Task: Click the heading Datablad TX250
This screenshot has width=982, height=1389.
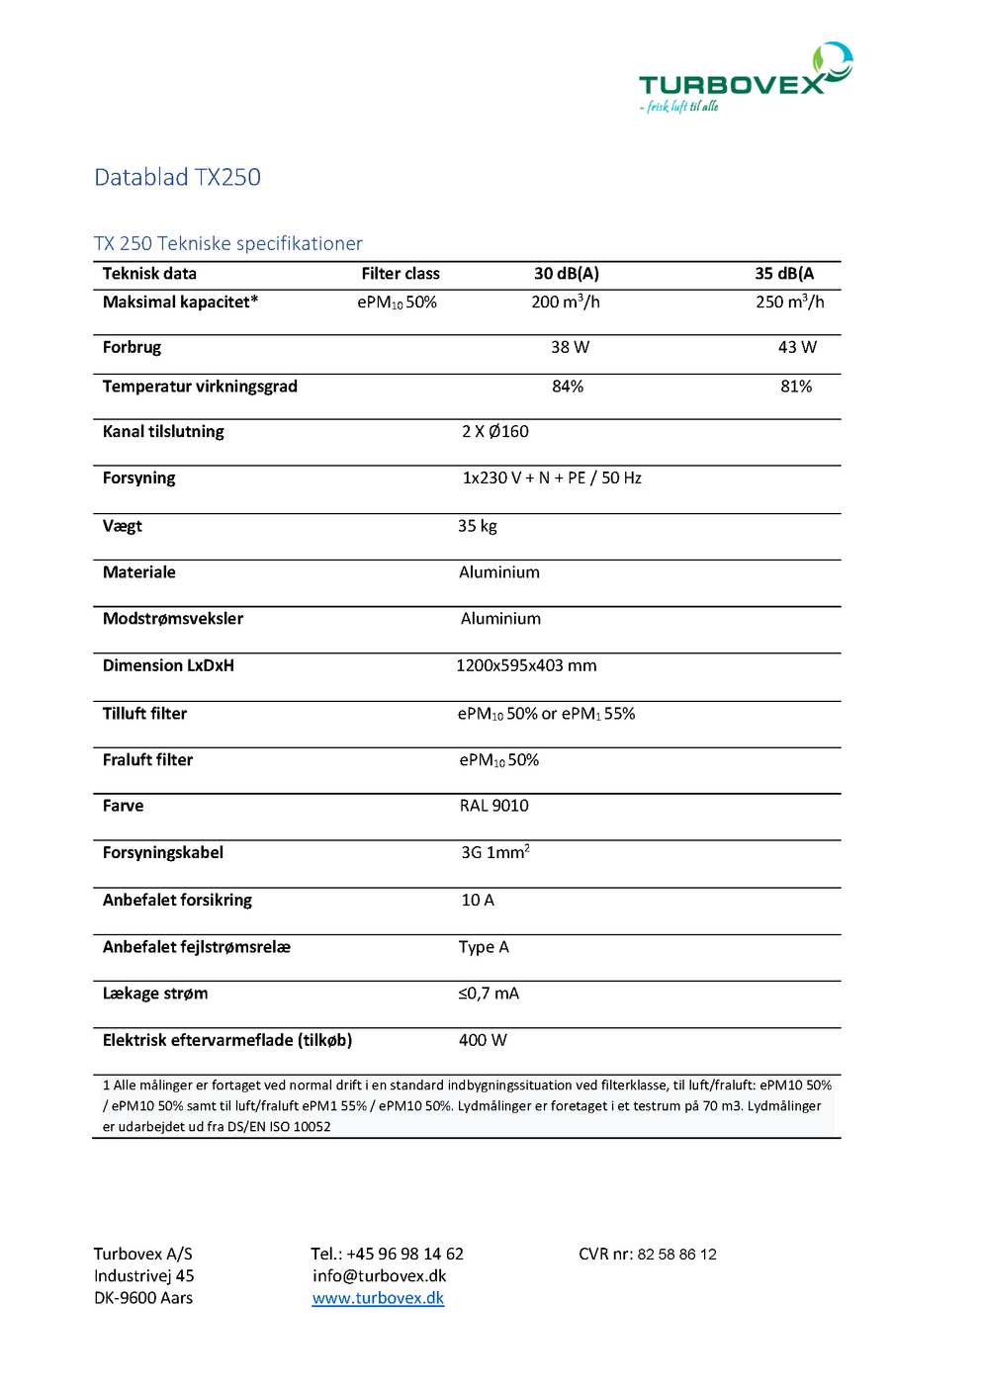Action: pos(177,177)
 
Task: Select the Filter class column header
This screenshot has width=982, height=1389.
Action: pos(400,274)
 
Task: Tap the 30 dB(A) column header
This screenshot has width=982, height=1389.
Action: pos(567,274)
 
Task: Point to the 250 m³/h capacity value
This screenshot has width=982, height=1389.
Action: pos(789,302)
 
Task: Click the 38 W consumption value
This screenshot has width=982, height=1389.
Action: pos(570,347)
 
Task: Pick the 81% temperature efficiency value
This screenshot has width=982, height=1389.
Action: pos(795,387)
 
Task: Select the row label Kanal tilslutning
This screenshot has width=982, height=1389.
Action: pos(163,431)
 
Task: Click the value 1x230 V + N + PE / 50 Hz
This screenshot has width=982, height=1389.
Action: pos(552,477)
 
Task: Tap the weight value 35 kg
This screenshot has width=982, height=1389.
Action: pos(477,526)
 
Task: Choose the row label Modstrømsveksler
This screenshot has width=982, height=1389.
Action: pos(173,618)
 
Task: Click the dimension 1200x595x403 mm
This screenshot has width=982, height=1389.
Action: pos(526,665)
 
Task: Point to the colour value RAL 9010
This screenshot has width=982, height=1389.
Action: pos(493,806)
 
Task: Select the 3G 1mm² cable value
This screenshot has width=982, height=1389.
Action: pos(494,852)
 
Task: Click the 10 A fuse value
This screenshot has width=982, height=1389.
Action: pos(478,900)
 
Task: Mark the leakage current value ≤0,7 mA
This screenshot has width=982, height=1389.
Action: pos(488,993)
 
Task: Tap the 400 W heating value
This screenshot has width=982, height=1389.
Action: pos(483,1040)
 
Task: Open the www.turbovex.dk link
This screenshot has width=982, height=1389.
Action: pos(378,1298)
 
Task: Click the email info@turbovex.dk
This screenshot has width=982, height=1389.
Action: pos(379,1275)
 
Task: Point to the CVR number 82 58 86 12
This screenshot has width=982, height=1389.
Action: pos(676,1254)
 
